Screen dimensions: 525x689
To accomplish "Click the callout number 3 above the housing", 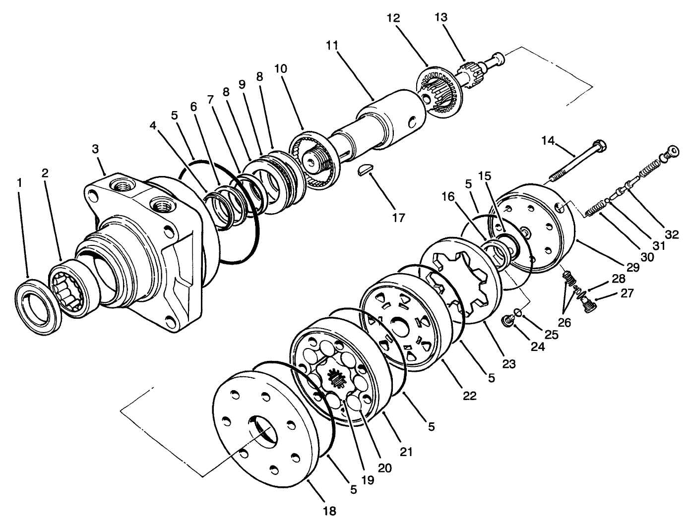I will tap(96, 149).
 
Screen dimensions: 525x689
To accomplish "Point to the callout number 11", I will tap(332, 45).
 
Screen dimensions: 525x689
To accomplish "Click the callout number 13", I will tap(440, 17).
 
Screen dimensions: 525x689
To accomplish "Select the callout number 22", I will tap(469, 396).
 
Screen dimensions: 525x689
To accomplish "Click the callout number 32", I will tap(672, 234).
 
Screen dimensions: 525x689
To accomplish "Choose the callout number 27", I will tap(627, 293).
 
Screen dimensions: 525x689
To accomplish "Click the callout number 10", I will tap(280, 68).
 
